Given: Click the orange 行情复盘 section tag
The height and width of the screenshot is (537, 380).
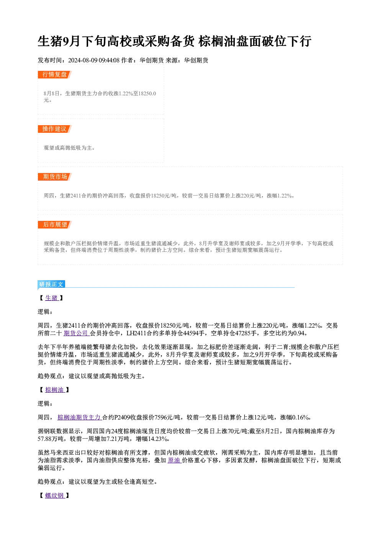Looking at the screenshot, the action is point(55,75).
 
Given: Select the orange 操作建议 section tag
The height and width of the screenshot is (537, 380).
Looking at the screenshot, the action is point(55,129).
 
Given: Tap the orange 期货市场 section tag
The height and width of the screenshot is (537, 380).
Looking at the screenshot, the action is point(55,177).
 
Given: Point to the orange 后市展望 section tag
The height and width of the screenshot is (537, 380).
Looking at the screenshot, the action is point(55,225).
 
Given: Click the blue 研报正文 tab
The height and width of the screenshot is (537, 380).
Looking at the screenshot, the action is point(51,284).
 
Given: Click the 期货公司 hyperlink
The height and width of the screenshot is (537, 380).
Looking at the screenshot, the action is point(77,333).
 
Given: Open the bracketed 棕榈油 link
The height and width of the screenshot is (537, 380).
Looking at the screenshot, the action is point(55,390).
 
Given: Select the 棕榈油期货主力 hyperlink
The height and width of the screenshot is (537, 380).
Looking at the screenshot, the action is point(80,418).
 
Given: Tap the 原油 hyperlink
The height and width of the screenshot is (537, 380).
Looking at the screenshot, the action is point(174,460).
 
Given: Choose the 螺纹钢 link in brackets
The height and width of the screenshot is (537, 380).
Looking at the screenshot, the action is point(55,496).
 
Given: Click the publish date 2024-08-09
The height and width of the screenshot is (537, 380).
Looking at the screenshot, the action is point(83,60).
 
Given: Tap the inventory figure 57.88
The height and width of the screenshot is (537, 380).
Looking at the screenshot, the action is point(44,439).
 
